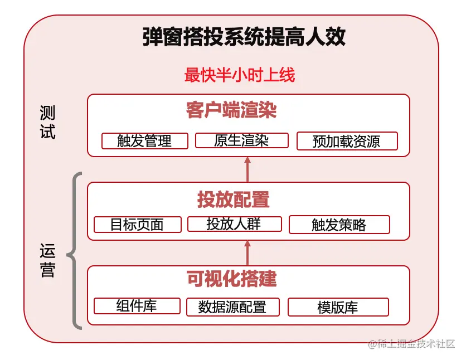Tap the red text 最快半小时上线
[x=240, y=75]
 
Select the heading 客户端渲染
[x=231, y=111]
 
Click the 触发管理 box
[x=144, y=141]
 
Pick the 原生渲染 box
[x=241, y=140]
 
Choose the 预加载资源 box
[x=347, y=142]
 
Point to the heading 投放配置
[x=233, y=200]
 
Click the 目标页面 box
[x=137, y=225]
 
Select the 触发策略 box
[x=339, y=225]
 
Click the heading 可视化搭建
[x=232, y=278]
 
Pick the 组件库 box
[x=137, y=306]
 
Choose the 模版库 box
[x=338, y=307]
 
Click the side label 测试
[x=48, y=123]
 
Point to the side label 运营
[x=48, y=261]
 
